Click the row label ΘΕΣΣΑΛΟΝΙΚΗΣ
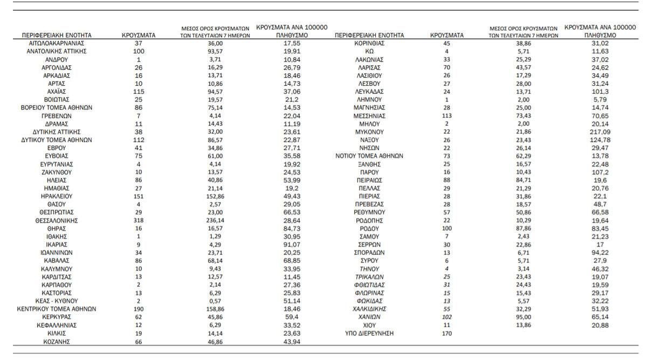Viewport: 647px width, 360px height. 57,220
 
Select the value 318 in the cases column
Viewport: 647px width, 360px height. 139,220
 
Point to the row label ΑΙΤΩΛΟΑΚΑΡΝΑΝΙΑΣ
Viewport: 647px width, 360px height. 57,43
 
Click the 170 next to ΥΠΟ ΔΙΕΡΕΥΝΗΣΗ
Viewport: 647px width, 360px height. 447,334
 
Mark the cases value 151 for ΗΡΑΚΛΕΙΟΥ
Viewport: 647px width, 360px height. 139,196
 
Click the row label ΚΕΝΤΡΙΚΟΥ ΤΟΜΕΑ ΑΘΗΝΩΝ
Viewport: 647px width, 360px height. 57,309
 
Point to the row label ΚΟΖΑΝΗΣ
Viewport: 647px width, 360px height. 57,342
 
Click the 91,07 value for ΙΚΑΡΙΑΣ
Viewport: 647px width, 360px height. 292,245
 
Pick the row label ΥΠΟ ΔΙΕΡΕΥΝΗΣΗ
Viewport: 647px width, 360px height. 369,334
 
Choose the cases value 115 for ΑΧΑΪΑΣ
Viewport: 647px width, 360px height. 139,92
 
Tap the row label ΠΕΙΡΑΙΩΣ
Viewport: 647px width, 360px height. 369,180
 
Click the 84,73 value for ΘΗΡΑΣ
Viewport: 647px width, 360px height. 292,229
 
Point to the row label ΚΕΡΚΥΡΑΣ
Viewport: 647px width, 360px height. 57,317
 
